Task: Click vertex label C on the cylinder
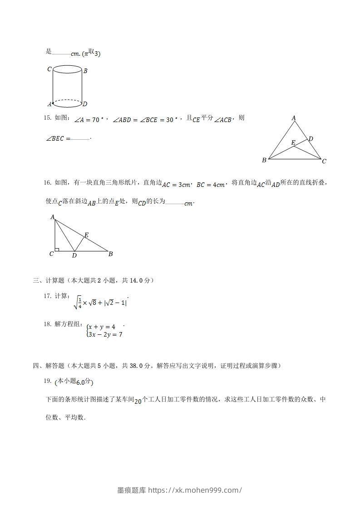(x=49, y=69)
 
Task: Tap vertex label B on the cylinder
(x=85, y=71)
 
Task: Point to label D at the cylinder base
(x=85, y=104)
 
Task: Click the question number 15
(x=47, y=118)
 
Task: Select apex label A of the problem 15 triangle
(x=294, y=118)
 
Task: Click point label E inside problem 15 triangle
(x=293, y=143)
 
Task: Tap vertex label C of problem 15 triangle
(x=324, y=161)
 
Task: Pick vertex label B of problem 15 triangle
(x=264, y=160)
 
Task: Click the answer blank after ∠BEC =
(x=80, y=138)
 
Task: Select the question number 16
(x=47, y=183)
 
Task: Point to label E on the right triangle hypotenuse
(x=86, y=235)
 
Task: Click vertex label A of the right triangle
(x=53, y=217)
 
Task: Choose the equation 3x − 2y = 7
(x=105, y=335)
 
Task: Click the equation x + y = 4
(x=102, y=327)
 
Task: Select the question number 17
(x=47, y=296)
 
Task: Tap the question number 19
(x=47, y=381)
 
